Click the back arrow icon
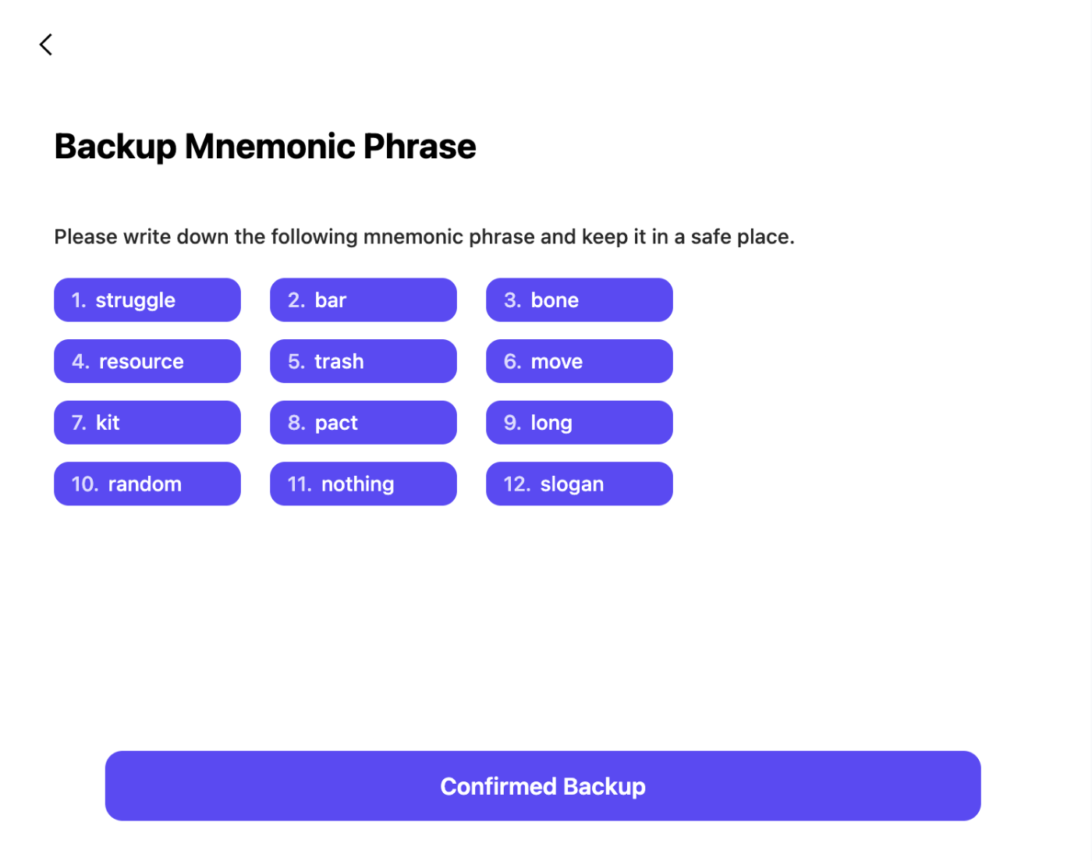(46, 44)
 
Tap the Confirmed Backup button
(542, 786)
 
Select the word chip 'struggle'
(147, 299)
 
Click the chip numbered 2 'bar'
(363, 299)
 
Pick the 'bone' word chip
(580, 299)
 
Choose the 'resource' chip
(147, 361)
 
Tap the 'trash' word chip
(363, 361)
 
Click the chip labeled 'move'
(580, 361)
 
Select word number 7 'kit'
(147, 423)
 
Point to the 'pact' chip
(363, 423)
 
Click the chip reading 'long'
(580, 423)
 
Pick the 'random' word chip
(147, 484)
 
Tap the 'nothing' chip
(363, 484)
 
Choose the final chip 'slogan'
(580, 484)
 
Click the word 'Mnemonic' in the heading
(270, 146)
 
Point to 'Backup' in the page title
(115, 147)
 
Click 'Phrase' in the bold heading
(420, 146)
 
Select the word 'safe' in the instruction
(711, 237)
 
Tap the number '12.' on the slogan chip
(517, 484)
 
